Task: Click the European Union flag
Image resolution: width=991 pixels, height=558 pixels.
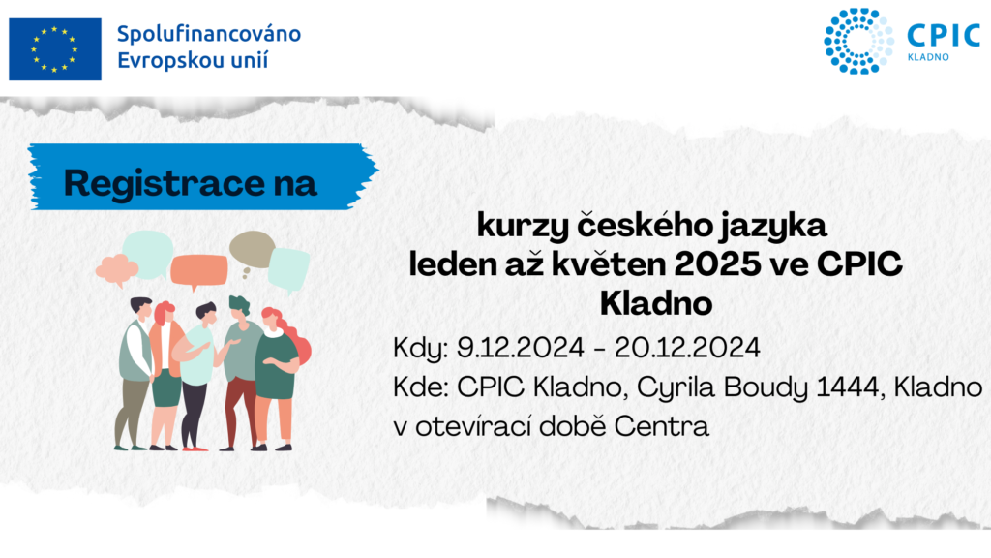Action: click(55, 49)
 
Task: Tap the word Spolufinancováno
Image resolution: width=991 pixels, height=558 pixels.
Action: click(209, 34)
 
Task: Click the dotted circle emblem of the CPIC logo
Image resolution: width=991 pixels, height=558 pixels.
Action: click(858, 41)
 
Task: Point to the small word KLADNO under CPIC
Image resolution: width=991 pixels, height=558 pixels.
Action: click(928, 57)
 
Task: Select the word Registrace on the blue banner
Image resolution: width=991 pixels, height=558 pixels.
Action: click(165, 183)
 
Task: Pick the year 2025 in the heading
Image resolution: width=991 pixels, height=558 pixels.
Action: click(717, 264)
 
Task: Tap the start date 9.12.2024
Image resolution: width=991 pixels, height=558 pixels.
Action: click(520, 348)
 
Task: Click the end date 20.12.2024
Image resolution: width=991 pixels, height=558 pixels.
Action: click(687, 348)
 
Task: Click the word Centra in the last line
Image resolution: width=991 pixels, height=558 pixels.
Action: click(661, 426)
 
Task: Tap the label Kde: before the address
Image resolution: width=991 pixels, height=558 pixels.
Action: click(420, 387)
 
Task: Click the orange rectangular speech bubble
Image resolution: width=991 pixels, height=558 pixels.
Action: click(198, 270)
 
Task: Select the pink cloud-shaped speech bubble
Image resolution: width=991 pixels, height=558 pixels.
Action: click(117, 269)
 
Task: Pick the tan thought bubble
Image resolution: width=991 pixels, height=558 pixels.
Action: click(252, 251)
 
